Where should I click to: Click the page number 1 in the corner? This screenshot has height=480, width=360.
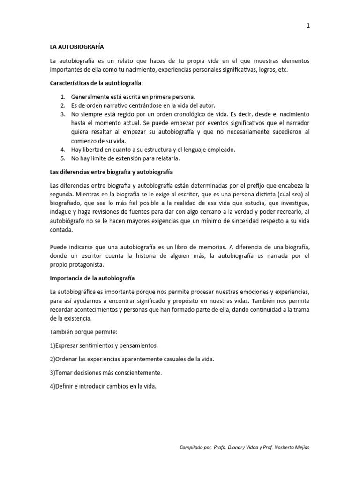[x=308, y=26]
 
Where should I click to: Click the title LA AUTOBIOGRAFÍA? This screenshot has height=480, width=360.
[x=77, y=47]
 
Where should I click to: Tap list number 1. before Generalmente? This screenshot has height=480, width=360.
[x=63, y=97]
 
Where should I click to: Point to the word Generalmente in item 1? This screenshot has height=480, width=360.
[x=90, y=97]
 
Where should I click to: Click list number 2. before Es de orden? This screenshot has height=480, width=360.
[x=63, y=105]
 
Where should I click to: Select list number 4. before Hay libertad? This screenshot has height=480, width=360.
[x=63, y=150]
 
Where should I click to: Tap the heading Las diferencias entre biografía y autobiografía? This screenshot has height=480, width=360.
[x=112, y=172]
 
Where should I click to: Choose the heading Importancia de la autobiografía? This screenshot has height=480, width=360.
[x=92, y=278]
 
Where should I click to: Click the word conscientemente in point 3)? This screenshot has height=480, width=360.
[x=136, y=373]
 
